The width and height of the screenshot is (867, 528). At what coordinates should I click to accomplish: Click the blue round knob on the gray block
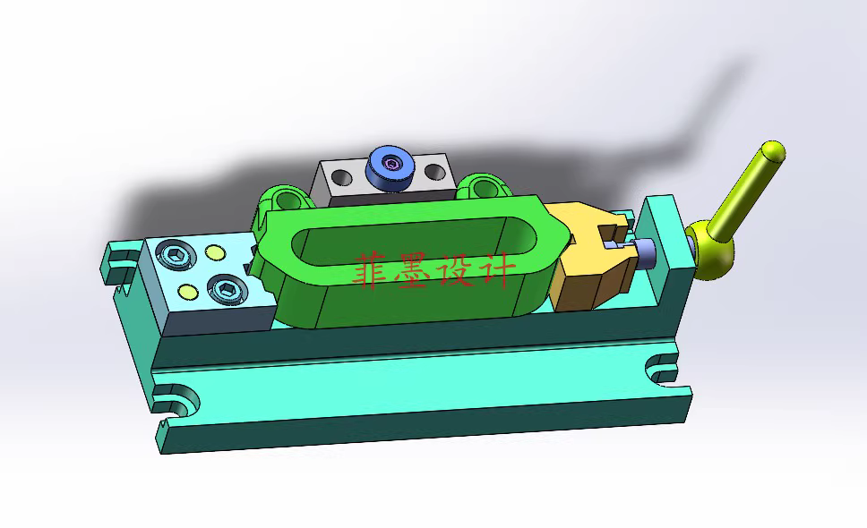pos(391,168)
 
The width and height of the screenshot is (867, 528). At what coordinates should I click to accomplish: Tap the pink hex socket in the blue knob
pos(391,165)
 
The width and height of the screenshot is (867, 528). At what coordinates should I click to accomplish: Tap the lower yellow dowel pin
pos(187,292)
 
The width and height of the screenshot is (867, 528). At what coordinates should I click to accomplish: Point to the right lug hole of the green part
pos(484,187)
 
